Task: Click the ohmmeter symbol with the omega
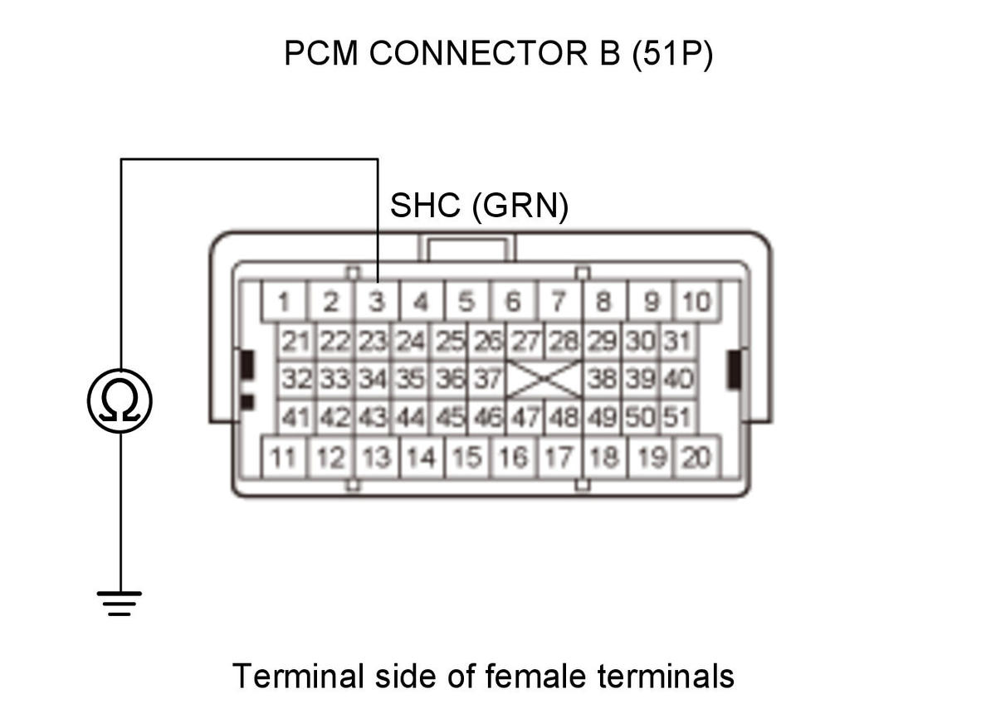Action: pos(120,401)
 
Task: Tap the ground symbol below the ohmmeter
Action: pos(120,604)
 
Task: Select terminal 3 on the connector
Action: pos(377,301)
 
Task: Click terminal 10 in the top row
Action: pos(696,301)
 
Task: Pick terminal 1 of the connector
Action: pos(284,301)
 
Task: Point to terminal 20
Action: pos(696,458)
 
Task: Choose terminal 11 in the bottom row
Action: pos(284,458)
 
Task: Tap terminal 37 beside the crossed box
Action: pos(487,379)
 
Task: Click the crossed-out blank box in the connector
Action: pos(544,379)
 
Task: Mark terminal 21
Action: pos(296,342)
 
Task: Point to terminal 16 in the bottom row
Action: pos(514,458)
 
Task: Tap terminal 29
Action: pos(602,342)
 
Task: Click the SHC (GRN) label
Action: pos(479,206)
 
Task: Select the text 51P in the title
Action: pos(671,53)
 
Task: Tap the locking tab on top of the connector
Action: pos(466,248)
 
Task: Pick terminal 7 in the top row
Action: pos(559,301)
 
